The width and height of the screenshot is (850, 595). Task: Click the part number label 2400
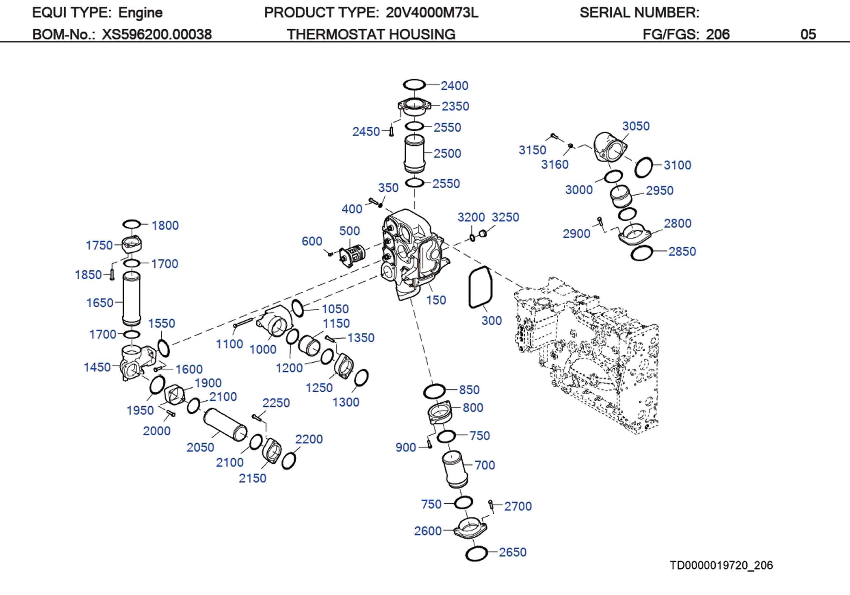(x=454, y=86)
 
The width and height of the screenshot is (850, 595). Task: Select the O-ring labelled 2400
(x=414, y=85)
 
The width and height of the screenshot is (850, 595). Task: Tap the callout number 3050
(x=636, y=126)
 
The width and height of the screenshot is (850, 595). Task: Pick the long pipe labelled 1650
(x=131, y=298)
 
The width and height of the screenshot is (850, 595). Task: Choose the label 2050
(x=200, y=448)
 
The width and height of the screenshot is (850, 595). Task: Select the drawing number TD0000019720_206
(x=721, y=565)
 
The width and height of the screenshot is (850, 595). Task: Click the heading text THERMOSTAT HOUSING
(x=371, y=34)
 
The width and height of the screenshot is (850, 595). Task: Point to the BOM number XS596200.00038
(x=157, y=34)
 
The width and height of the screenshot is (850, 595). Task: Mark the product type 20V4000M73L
(x=432, y=13)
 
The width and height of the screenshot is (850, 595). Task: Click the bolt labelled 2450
(x=391, y=131)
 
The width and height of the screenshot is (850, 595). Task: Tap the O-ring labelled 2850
(x=642, y=254)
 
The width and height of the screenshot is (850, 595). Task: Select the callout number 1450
(x=97, y=367)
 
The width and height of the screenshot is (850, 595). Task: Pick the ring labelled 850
(x=434, y=391)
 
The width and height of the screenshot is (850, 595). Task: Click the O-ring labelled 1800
(x=131, y=224)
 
